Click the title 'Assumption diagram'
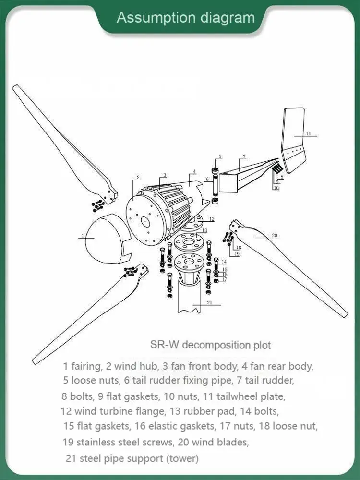click(186, 18)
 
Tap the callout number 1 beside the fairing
click(83, 236)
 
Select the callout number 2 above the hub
click(138, 178)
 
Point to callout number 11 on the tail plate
click(309, 133)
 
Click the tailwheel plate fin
click(293, 139)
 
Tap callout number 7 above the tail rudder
click(244, 156)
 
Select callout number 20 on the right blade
click(275, 235)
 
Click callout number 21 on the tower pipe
click(209, 302)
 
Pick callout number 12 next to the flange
click(212, 219)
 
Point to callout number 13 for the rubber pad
click(204, 231)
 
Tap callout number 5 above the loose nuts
click(220, 156)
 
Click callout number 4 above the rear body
click(194, 171)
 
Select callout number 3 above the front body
click(165, 175)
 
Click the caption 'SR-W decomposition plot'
click(210, 345)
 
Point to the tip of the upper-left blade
click(15, 87)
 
